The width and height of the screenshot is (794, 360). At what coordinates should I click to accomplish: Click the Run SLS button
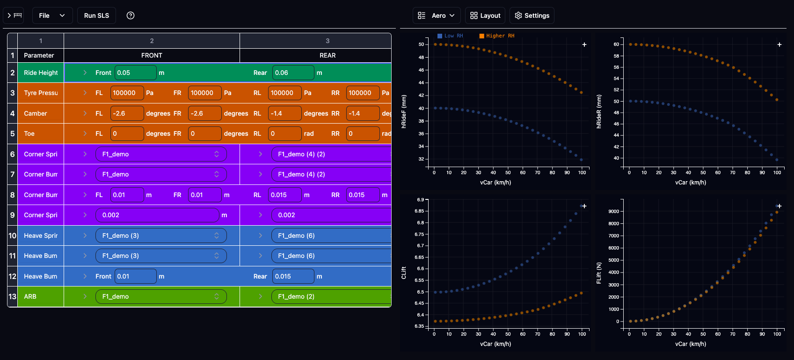click(96, 15)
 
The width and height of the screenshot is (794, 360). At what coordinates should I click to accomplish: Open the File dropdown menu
click(52, 15)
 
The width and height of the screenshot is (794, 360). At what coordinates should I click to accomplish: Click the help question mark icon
click(131, 15)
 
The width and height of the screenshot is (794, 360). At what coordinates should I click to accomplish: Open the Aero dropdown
click(437, 15)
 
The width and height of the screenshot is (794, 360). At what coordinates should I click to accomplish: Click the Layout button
click(485, 15)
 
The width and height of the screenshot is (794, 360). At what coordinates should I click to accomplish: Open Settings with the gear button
click(532, 15)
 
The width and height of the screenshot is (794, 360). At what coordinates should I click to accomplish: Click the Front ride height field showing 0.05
click(135, 73)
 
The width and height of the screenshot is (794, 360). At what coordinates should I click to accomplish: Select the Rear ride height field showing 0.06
click(293, 73)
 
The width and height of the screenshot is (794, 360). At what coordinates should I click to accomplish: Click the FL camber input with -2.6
click(127, 113)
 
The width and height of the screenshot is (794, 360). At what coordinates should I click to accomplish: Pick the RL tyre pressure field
click(284, 93)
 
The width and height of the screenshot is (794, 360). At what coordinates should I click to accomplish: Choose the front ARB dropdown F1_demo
click(161, 296)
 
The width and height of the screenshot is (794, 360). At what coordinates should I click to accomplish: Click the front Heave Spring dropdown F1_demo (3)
click(161, 235)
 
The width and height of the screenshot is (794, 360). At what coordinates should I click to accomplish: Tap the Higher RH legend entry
click(496, 36)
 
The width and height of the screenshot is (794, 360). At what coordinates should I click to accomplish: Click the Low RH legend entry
click(450, 36)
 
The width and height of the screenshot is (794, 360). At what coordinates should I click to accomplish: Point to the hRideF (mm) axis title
click(404, 111)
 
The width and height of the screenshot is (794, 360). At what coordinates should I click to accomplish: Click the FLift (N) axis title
click(599, 273)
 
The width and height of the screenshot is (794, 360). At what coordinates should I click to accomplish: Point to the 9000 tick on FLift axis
click(613, 212)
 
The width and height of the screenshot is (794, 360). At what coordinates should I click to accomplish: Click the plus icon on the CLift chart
click(584, 206)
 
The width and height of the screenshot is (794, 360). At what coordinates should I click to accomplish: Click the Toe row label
click(29, 134)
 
